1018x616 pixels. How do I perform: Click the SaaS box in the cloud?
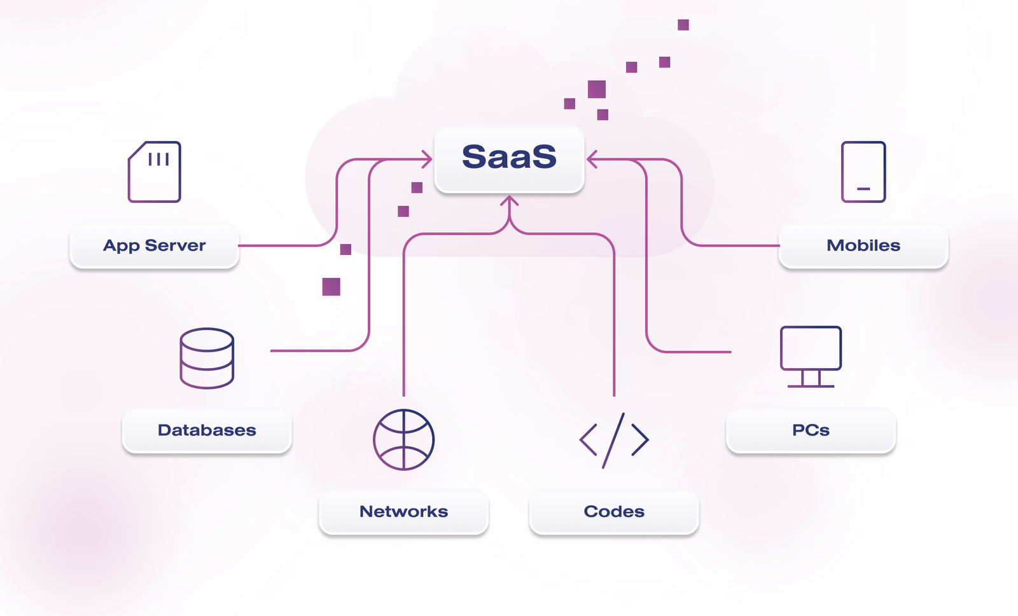coord(509,159)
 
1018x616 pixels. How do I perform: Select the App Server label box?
coord(154,246)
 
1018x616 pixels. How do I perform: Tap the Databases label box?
coord(207,430)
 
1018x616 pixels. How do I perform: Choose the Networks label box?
coord(403,512)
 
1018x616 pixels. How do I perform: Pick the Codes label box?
coord(614,512)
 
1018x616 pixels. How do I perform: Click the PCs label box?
coord(811,430)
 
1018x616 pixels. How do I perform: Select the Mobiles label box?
coord(863,246)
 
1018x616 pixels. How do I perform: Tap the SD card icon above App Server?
coord(155,172)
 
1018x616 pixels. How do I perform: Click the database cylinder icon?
coord(207,358)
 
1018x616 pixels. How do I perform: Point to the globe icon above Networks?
coord(403,439)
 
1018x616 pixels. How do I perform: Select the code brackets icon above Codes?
coord(614,440)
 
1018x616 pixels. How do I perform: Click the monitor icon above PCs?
coord(811,356)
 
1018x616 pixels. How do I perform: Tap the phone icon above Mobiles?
coord(863,172)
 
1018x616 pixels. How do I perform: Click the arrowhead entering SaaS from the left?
coord(427,159)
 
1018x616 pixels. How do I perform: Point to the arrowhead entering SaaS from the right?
coord(592,159)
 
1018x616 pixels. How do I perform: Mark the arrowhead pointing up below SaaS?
coord(509,202)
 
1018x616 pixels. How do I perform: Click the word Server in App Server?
coord(176,246)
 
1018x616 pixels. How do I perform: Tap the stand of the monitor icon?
coord(811,379)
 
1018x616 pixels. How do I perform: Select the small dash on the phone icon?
coord(863,189)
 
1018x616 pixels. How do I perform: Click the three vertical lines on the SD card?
coord(158,159)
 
